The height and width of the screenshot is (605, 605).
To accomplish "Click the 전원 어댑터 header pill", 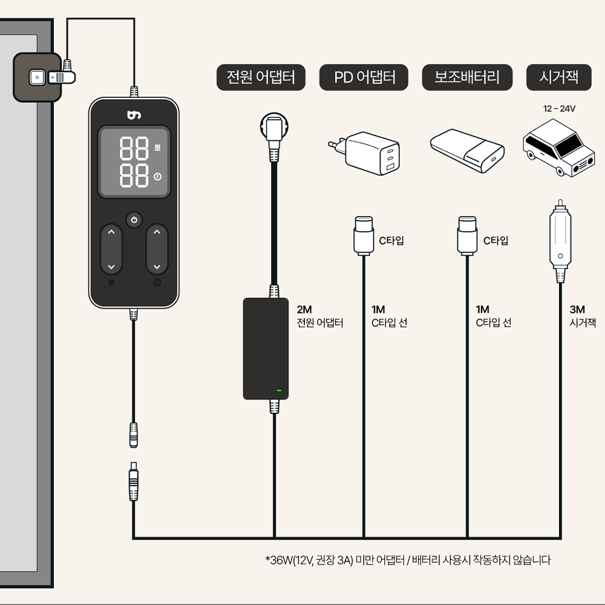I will click(261, 77).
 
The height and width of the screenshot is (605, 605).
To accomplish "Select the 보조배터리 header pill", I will click(467, 77).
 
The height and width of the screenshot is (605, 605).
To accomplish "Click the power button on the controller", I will click(134, 219).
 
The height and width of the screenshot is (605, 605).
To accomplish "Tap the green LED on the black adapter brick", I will click(279, 390).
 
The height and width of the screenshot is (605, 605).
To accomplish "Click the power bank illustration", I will click(467, 148).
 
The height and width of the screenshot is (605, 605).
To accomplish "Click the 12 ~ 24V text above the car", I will click(559, 109).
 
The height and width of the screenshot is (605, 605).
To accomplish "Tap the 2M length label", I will click(304, 310).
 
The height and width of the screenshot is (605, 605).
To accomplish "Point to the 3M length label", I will click(577, 310).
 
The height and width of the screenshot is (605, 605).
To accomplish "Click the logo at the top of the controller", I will click(134, 114).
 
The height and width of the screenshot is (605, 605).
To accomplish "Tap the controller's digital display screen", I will click(134, 162).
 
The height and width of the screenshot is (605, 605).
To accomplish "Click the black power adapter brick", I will click(266, 348).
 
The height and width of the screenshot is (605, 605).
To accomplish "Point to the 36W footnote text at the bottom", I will click(408, 560).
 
